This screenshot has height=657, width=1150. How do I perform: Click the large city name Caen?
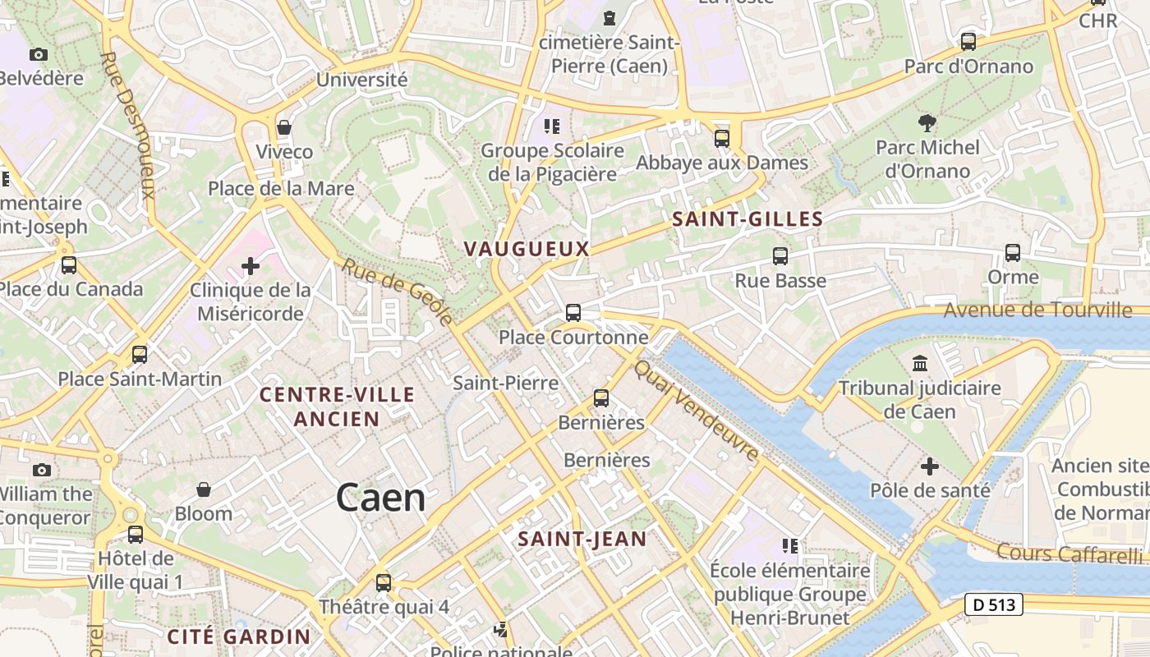[381, 498]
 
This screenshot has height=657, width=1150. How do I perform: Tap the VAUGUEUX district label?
[527, 248]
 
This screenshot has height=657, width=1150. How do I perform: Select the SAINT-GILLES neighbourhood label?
[747, 219]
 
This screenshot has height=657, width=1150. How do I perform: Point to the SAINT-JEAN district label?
[582, 540]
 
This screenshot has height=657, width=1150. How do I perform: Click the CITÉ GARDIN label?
[239, 636]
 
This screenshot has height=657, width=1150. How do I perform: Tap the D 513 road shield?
[994, 605]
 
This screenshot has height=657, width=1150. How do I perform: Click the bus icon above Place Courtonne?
[573, 313]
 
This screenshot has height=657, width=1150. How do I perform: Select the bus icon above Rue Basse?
[780, 256]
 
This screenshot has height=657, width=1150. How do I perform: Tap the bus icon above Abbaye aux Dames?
[722, 138]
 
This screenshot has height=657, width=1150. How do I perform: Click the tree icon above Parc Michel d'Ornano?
[927, 123]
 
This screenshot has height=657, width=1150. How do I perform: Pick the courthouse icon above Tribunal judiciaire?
[920, 363]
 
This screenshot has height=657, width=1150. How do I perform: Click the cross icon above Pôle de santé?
[930, 466]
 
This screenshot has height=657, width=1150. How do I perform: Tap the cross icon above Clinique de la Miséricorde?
[251, 266]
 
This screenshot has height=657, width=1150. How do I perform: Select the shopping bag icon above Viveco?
[284, 127]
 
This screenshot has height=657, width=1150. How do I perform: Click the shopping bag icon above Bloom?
[204, 489]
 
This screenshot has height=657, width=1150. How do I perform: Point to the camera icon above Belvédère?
[39, 54]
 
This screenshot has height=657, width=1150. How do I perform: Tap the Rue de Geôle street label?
[398, 291]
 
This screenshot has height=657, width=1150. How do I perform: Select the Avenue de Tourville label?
[1037, 310]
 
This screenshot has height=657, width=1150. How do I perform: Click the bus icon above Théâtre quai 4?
[384, 583]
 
